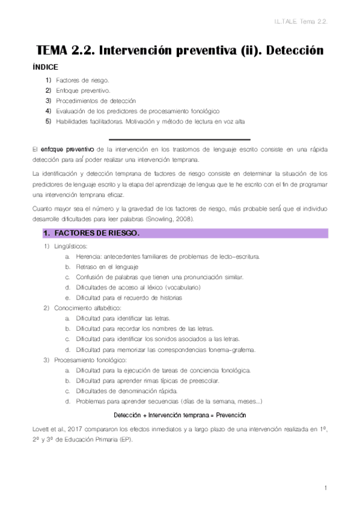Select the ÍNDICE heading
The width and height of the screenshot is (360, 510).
(x=46, y=67)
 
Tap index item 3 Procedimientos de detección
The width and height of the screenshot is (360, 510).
(x=96, y=100)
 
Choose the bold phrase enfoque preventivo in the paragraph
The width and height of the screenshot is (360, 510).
(x=67, y=148)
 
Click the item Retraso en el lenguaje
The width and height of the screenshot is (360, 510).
(x=107, y=266)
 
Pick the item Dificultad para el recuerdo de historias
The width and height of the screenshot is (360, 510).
(x=128, y=298)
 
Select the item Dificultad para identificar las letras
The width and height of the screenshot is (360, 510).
(x=123, y=318)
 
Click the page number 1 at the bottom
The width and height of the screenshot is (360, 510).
(x=325, y=487)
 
